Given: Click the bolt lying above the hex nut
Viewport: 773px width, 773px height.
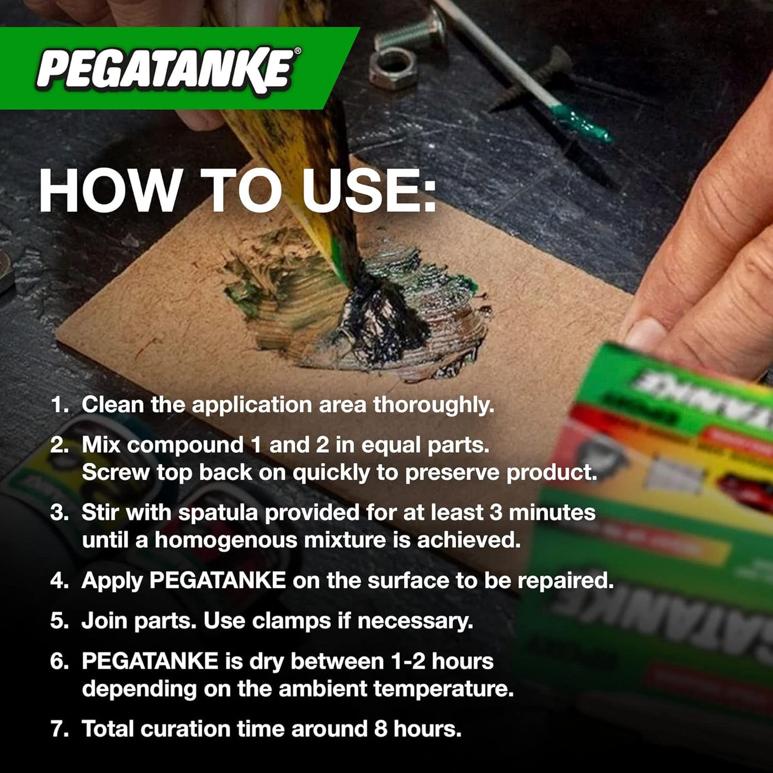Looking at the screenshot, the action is click(x=409, y=31).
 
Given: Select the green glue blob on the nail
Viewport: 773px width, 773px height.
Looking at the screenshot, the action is click(x=581, y=123).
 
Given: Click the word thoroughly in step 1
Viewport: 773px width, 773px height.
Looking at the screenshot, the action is click(x=434, y=405).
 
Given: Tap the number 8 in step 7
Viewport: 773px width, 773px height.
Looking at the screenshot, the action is click(x=380, y=729).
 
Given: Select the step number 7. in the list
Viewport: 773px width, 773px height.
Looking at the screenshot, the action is click(x=60, y=729).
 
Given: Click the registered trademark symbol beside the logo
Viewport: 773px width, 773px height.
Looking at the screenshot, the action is click(x=298, y=51).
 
